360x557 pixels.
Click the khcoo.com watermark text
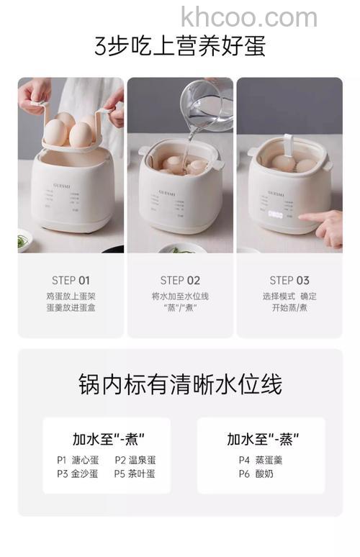coord(248,17)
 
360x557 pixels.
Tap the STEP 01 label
coord(71,281)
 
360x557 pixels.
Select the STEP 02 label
coord(180,281)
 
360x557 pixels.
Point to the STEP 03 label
coord(289,281)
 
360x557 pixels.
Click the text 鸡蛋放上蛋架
coord(71,296)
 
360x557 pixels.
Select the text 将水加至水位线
coord(180,296)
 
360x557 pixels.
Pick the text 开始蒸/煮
coord(289,308)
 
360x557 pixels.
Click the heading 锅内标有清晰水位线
coord(180,384)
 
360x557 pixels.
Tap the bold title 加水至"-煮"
coord(108,438)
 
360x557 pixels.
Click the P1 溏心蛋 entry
coord(78,460)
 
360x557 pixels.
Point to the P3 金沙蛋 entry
coord(78,474)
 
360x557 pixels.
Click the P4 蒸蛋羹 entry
coord(261,460)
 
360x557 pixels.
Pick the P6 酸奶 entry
coord(256,474)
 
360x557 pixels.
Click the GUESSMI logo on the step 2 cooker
coord(179,182)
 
